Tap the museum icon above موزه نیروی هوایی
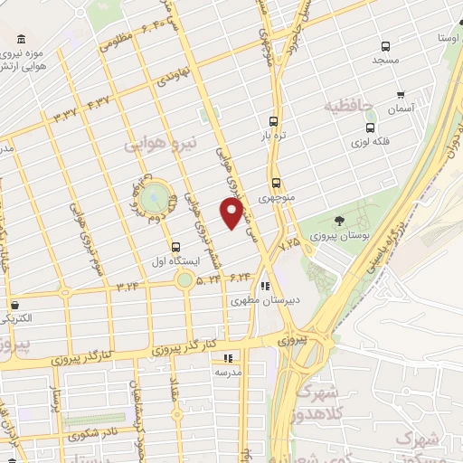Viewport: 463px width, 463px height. (21, 39)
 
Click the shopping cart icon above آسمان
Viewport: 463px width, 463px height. (399, 94)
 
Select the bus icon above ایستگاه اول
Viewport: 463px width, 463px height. (175, 245)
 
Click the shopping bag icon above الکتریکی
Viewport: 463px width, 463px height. (15, 304)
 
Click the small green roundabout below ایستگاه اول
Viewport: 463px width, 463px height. (185, 280)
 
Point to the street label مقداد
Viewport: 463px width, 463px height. (173, 391)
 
